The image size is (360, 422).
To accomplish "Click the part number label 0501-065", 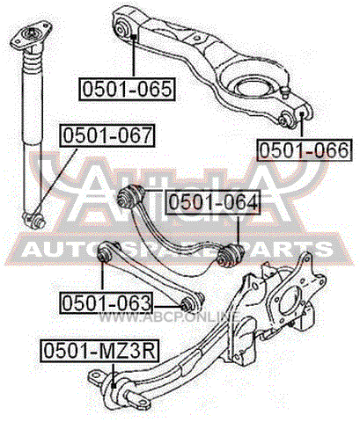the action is click(127, 89).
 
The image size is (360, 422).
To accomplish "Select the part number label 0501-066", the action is click(305, 149).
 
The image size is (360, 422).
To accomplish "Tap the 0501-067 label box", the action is click(107, 135).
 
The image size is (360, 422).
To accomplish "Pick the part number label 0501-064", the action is click(213, 202).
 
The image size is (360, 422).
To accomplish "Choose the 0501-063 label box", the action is click(107, 302).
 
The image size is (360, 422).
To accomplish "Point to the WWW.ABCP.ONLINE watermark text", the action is click(169, 316).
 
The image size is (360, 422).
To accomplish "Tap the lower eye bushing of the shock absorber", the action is click(34, 220).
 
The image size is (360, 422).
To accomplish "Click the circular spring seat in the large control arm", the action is click(252, 88).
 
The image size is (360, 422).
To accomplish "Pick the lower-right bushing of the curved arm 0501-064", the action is click(231, 254).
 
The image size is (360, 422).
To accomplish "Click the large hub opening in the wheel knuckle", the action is click(290, 301).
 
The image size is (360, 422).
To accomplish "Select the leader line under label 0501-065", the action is click(134, 56).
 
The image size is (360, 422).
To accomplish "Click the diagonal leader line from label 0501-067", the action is click(55, 181).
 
